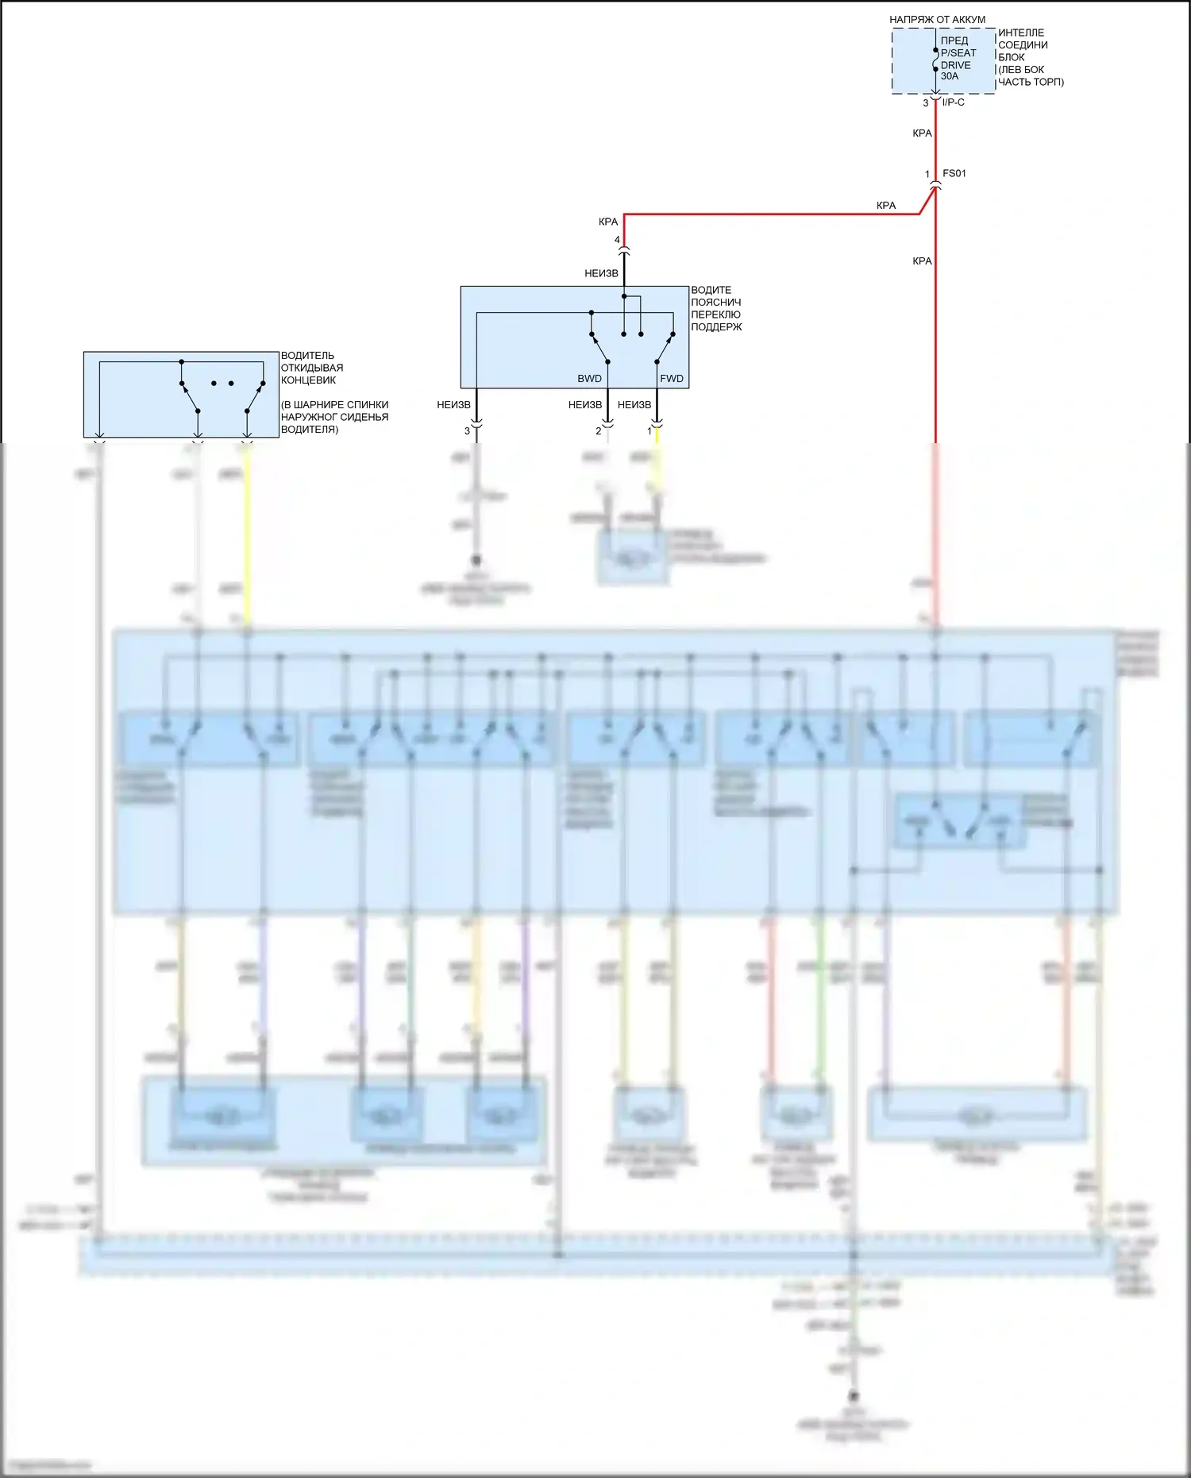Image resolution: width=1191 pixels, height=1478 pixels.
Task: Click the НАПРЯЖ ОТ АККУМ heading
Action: click(937, 19)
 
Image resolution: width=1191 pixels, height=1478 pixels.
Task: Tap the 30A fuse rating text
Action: click(950, 76)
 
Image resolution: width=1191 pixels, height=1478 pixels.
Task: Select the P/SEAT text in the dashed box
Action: click(958, 53)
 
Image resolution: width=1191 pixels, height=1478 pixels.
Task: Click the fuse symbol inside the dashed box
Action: click(935, 60)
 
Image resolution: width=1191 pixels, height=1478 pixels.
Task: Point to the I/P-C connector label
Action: click(953, 102)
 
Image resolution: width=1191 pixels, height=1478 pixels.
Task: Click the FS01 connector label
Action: click(954, 173)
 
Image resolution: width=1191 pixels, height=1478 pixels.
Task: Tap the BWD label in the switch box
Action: click(589, 379)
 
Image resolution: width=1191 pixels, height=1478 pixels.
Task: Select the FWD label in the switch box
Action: click(671, 379)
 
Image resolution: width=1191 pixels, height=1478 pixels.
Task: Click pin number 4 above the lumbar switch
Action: click(617, 240)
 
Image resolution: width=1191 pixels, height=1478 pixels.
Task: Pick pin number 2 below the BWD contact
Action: click(599, 431)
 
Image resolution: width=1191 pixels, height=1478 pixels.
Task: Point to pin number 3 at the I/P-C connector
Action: click(926, 103)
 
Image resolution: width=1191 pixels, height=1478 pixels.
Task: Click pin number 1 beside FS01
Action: click(927, 174)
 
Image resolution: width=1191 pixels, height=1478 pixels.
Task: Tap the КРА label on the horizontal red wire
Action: click(886, 206)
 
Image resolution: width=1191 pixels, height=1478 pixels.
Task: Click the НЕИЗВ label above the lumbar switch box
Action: click(601, 273)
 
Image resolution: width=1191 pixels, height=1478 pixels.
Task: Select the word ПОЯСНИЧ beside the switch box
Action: click(715, 303)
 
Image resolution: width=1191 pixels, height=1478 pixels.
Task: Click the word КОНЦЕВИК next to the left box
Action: click(308, 380)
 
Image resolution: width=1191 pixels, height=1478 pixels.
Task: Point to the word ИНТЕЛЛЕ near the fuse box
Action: click(1021, 33)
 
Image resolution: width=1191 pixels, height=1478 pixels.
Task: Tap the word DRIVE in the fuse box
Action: click(955, 65)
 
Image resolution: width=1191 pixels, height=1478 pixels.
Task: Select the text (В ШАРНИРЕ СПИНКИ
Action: click(334, 405)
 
